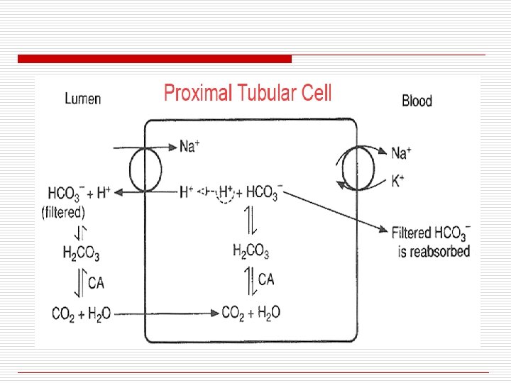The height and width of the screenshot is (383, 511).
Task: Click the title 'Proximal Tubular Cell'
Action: tap(248, 93)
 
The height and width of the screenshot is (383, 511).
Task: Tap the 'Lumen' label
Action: tap(82, 99)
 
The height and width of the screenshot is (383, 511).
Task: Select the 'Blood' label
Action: tap(417, 101)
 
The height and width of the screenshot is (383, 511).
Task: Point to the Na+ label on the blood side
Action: tap(400, 152)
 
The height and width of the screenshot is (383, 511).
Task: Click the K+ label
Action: tap(398, 181)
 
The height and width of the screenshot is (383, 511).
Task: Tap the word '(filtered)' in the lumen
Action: tap(63, 211)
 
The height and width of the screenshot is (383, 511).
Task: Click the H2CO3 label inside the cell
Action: tap(251, 250)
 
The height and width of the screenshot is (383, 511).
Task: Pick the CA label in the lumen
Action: tap(96, 284)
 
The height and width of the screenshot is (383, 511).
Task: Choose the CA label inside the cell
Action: tap(266, 279)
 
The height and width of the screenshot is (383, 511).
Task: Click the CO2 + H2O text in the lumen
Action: tap(81, 313)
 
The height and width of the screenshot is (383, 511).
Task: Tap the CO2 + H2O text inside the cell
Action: tap(251, 312)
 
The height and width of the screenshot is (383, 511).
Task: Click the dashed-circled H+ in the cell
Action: tap(226, 191)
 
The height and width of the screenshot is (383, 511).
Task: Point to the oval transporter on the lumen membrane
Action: tap(145, 169)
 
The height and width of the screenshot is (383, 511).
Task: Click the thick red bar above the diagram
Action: tap(155, 58)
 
